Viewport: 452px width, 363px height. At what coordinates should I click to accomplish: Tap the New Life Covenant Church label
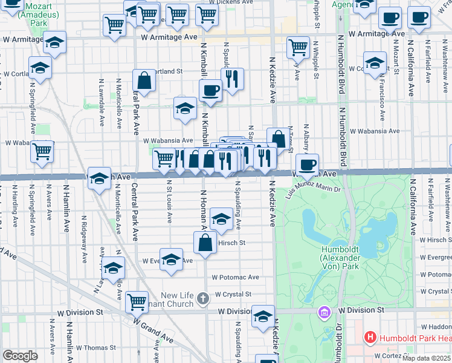click(177, 300)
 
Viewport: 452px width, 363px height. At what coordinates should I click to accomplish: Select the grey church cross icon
click(204, 297)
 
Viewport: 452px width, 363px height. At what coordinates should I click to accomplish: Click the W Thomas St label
click(95, 348)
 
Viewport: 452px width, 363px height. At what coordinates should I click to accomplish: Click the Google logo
click(20, 355)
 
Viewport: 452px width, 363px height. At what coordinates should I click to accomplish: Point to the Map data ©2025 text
click(426, 358)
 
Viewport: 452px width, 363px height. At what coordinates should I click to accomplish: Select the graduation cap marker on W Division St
click(263, 317)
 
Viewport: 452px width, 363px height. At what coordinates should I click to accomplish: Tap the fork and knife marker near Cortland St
click(232, 79)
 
